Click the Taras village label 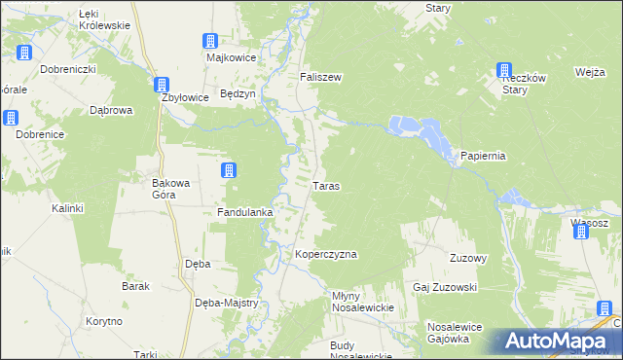[x=325, y=185]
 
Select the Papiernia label [x=484, y=157]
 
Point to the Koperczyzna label [x=326, y=254]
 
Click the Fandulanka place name [x=243, y=211]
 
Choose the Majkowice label [x=230, y=56]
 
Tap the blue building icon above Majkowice [x=210, y=41]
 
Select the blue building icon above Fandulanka [x=228, y=171]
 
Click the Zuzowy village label [x=467, y=258]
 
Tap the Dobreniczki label [x=67, y=70]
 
